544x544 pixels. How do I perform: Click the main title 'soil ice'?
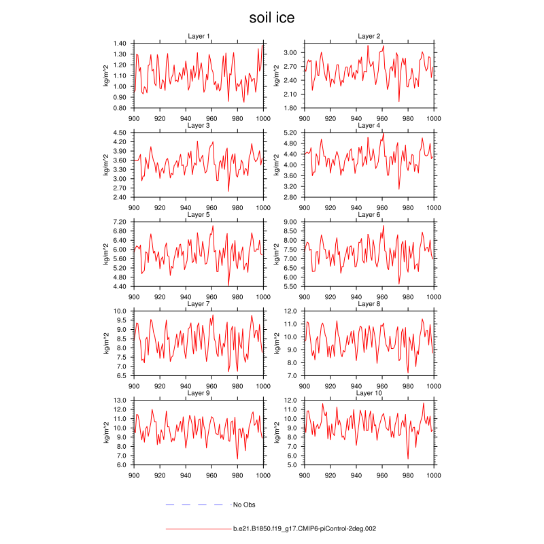click(x=272, y=18)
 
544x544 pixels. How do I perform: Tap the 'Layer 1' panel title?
click(x=199, y=36)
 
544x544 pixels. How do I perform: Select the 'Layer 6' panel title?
click(x=369, y=215)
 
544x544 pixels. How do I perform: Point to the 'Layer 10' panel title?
click(x=369, y=394)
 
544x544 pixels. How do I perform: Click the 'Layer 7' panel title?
click(x=199, y=304)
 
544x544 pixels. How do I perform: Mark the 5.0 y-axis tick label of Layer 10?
click(x=292, y=465)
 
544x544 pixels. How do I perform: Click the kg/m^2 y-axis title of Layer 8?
click(x=277, y=343)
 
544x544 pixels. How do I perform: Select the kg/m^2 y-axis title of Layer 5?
click(x=106, y=254)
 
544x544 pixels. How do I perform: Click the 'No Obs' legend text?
click(x=244, y=505)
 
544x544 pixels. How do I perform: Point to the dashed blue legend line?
click(x=194, y=505)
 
